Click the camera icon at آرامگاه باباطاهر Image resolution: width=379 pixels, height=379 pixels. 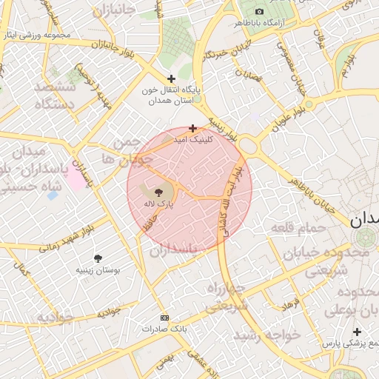click(259, 11)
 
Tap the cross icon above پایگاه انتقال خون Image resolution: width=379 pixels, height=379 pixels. click(172, 78)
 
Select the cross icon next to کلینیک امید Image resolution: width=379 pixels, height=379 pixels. click(193, 128)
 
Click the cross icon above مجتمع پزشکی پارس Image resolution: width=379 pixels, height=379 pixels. click(358, 332)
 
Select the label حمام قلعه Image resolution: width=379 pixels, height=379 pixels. click(298, 226)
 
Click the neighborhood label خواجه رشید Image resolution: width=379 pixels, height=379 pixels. click(267, 335)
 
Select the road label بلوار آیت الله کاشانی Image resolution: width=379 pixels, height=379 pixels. click(230, 200)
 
